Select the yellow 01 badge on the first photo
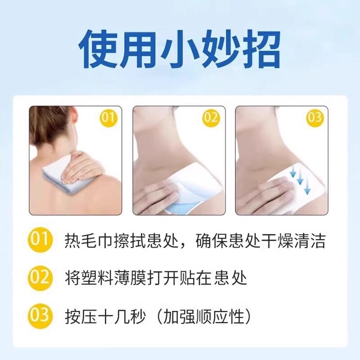(x=108, y=118)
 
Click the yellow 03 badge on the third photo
(x=315, y=118)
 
